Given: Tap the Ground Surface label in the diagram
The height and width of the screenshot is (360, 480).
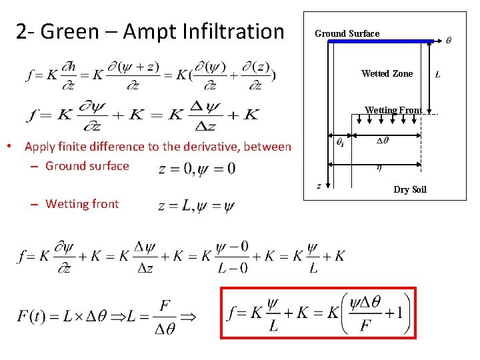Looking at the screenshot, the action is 347,33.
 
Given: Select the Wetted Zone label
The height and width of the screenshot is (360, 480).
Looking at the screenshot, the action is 387,73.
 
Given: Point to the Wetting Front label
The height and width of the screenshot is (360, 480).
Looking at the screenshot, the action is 393,110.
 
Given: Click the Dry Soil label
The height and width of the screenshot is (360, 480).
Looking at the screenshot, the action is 409,190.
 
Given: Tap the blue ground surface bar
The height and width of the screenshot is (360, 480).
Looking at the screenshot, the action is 380,41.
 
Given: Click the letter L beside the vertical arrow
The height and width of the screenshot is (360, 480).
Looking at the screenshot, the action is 437,74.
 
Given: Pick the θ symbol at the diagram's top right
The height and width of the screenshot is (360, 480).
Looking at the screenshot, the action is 448,40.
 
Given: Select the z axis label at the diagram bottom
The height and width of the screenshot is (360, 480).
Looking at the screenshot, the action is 319,186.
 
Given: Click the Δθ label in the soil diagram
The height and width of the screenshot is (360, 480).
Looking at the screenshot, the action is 383,140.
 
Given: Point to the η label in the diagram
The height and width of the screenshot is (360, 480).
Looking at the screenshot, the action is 379,167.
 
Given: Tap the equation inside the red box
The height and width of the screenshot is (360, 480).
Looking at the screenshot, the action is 318,313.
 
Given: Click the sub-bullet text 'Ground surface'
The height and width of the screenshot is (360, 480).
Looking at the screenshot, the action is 87,166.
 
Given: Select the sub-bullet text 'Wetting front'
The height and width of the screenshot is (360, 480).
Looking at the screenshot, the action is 81,204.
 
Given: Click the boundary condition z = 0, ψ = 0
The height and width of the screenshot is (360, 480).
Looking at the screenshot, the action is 197,168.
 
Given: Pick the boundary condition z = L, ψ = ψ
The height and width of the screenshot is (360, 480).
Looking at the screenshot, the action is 196,207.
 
